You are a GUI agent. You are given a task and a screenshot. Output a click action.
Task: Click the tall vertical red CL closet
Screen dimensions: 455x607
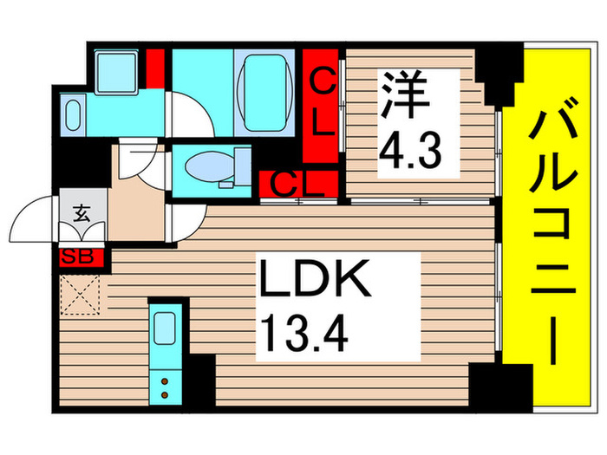(x=323, y=107)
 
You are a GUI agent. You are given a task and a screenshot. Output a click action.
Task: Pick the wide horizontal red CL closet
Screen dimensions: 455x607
(x=297, y=185)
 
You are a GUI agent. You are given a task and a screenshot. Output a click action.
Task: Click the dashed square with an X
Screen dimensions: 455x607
(x=82, y=294)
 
